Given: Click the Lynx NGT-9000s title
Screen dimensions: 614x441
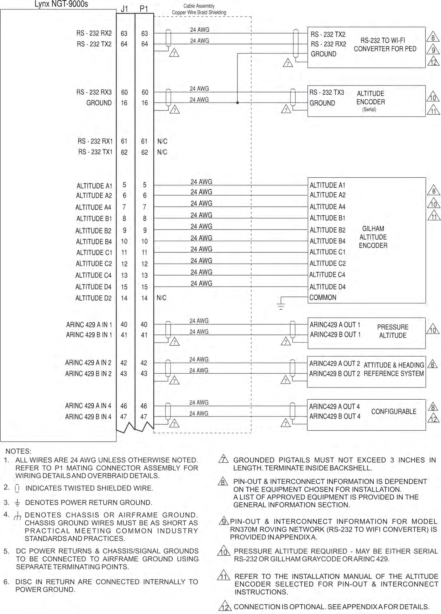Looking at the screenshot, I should click(x=61, y=4).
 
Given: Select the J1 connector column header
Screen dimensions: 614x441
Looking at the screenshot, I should click(x=124, y=9).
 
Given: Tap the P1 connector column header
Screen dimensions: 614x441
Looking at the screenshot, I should click(x=144, y=9).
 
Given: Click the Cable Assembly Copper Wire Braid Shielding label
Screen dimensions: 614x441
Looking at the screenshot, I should click(x=199, y=9).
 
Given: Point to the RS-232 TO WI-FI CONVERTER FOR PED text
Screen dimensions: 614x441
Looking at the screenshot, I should click(x=385, y=45).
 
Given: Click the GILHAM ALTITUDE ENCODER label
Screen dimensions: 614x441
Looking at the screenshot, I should click(x=373, y=237).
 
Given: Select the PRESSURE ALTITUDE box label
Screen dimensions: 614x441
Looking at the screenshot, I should click(x=392, y=331).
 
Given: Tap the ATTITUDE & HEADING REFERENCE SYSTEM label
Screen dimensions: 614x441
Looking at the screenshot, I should click(x=394, y=369).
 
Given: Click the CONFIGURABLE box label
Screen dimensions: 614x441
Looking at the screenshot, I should click(x=394, y=412).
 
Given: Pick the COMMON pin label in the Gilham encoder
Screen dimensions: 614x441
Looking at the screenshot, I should click(x=323, y=297).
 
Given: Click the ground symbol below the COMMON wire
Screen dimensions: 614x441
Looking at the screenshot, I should click(x=281, y=305).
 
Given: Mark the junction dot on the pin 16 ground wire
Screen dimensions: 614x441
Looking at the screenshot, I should click(x=237, y=102).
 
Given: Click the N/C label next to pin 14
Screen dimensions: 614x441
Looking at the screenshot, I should click(x=161, y=298).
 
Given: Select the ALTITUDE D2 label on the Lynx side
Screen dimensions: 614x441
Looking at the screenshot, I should click(x=93, y=298).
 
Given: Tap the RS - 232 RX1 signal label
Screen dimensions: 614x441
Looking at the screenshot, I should click(x=95, y=141).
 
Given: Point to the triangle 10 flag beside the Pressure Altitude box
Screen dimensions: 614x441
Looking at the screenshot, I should click(x=433, y=329).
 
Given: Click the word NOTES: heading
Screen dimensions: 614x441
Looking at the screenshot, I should click(x=18, y=451).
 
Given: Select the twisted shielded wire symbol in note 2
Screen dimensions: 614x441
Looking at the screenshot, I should click(x=17, y=488).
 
